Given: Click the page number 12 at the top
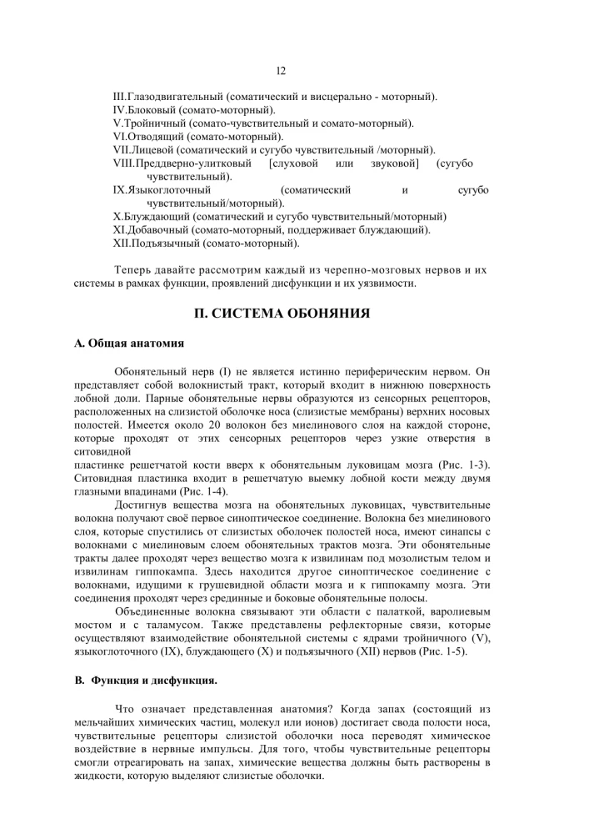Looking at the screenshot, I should click(x=280, y=73).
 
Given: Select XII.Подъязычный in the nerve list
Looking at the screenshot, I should click(x=154, y=243).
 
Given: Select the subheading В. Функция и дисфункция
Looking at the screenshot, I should click(x=147, y=680).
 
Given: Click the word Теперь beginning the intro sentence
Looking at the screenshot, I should click(x=133, y=270).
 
